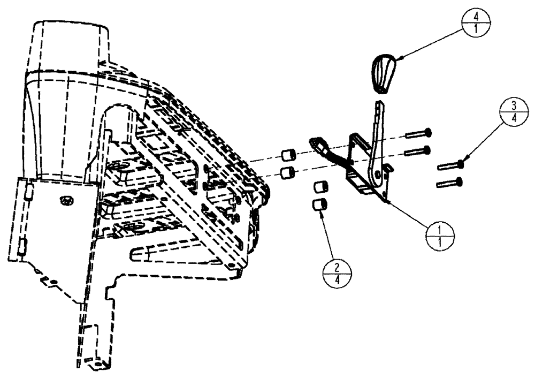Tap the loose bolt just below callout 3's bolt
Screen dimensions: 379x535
pos(449,184)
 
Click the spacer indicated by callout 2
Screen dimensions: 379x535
pos(319,204)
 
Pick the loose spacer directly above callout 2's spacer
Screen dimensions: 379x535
pos(319,188)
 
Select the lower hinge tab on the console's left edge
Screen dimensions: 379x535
pos(23,246)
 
